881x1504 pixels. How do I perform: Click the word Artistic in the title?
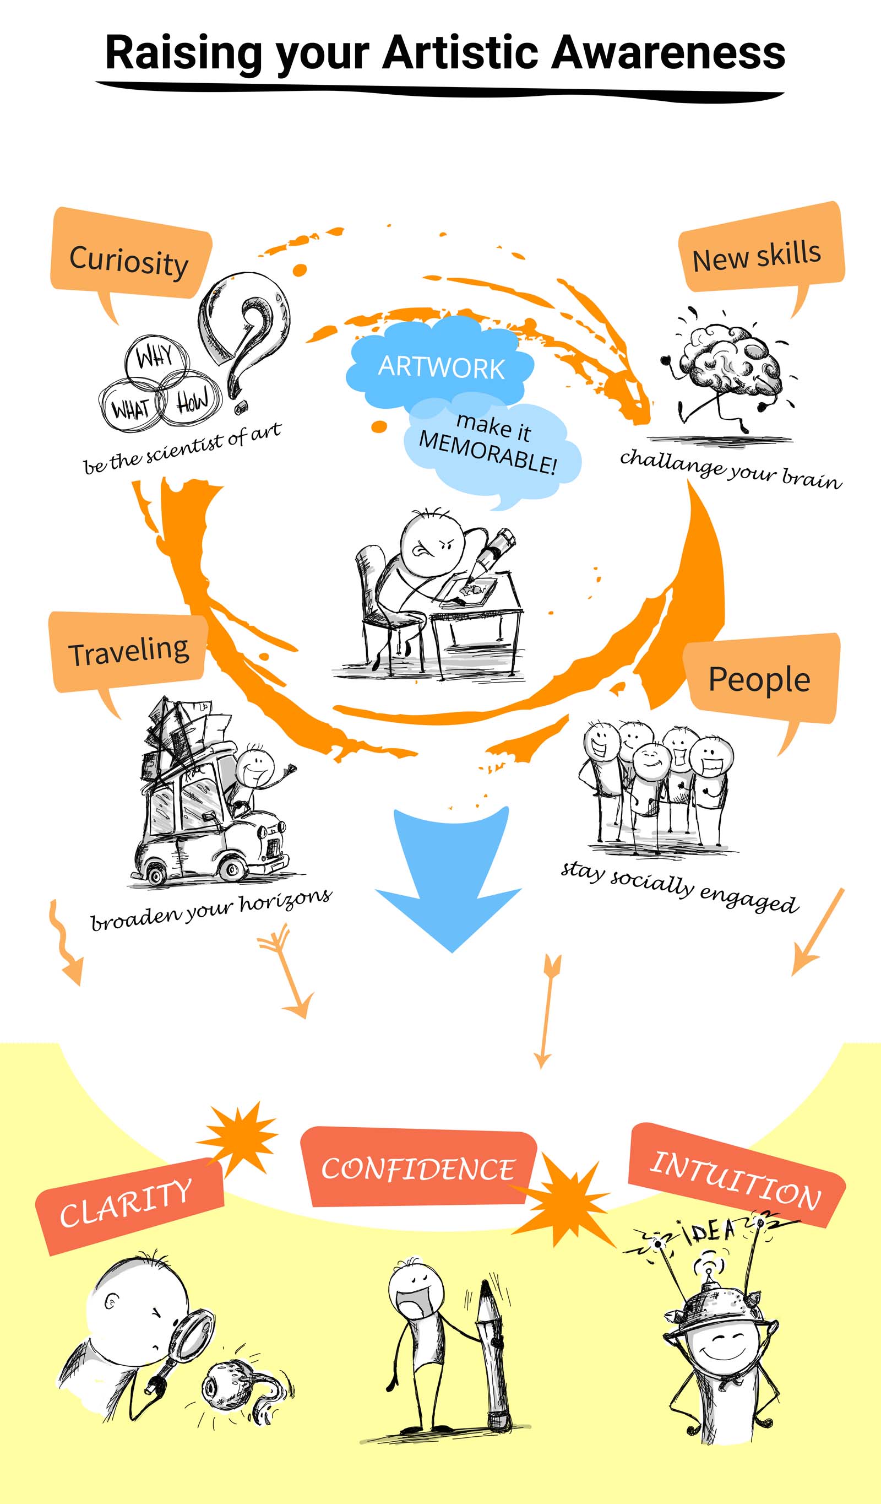coord(460,52)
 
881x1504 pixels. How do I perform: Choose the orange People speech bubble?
coord(760,679)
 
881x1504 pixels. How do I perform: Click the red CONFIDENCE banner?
coord(417,1168)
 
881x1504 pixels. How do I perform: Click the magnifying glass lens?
coord(192,1335)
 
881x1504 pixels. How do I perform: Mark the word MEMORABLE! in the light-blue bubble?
coord(487,453)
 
